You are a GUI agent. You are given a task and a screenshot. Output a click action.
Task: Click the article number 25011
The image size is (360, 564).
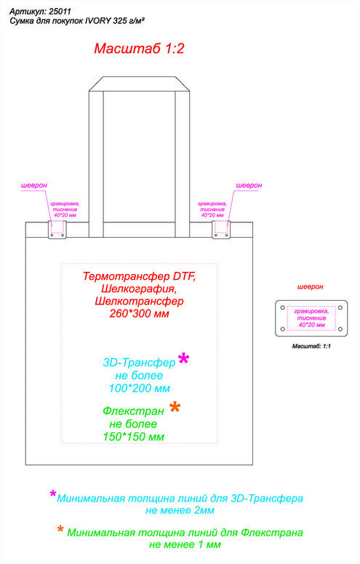point(60,12)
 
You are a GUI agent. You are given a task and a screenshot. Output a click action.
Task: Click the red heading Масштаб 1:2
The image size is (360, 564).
point(139,49)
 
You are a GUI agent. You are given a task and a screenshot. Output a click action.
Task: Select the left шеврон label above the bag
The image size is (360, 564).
point(34,185)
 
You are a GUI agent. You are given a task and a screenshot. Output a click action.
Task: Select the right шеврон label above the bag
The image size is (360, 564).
point(249,185)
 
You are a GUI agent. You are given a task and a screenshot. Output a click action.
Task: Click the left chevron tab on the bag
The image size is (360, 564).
point(57,230)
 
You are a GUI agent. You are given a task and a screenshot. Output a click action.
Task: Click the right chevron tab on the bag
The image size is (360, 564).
point(221,230)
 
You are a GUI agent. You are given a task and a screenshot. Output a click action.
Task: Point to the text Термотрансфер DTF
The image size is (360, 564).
point(140,276)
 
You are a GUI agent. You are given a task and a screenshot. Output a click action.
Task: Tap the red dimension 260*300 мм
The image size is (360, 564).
point(140,313)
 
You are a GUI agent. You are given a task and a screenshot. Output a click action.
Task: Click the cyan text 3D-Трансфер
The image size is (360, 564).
point(139,362)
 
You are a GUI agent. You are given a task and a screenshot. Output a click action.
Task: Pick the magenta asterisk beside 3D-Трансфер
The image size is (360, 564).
point(183,359)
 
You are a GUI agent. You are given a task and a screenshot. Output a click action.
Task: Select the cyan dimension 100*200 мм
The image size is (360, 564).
point(140,388)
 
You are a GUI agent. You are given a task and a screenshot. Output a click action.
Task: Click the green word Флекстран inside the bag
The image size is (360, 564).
point(133,411)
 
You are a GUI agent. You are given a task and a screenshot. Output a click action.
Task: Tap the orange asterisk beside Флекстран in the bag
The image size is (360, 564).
point(175,408)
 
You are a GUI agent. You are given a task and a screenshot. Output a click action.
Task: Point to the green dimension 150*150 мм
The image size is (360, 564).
point(134,437)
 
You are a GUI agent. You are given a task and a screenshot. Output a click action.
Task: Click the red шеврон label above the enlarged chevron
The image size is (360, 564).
point(311,287)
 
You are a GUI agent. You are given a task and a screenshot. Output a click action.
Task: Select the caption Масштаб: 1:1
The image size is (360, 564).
point(311,347)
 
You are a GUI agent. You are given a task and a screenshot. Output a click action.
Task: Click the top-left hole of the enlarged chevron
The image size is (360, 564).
point(283,308)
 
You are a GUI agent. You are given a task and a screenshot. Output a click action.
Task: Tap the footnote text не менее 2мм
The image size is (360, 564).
point(180,510)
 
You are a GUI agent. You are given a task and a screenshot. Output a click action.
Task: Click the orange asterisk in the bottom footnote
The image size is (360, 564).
point(60,529)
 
